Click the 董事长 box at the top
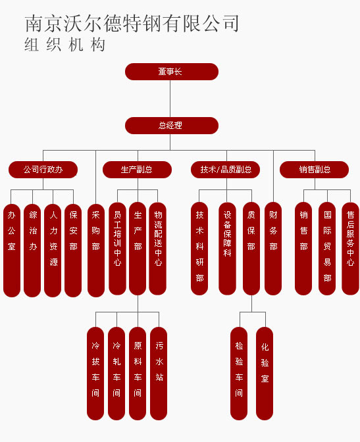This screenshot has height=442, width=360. click(172, 72)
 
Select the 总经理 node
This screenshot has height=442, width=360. click(172, 126)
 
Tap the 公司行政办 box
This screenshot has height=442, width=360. click(43, 170)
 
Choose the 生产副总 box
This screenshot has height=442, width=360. click(137, 170)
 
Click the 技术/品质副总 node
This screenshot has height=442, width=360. click(226, 170)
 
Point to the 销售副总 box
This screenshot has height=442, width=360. click(315, 170)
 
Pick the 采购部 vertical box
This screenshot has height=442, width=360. click(96, 251)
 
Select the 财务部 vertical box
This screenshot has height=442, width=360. click(273, 249)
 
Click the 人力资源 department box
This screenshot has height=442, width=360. click(53, 251)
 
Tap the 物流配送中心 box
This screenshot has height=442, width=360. click(157, 249)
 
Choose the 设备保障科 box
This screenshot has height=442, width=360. click(227, 249)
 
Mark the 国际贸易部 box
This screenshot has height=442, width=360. click(327, 249)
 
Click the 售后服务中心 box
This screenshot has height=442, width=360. click(350, 249)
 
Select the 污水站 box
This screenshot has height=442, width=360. click(159, 374)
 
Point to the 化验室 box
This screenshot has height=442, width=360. click(265, 374)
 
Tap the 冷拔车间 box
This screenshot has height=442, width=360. click(95, 374)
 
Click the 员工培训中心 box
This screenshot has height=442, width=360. click(117, 249)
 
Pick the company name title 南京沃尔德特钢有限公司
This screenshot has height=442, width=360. click(132, 24)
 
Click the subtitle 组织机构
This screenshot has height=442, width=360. click(64, 45)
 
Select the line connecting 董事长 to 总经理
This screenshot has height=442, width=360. click(170, 99)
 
